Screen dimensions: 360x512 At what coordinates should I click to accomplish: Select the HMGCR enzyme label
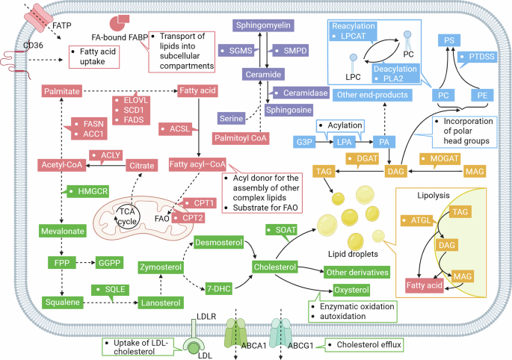89,192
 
